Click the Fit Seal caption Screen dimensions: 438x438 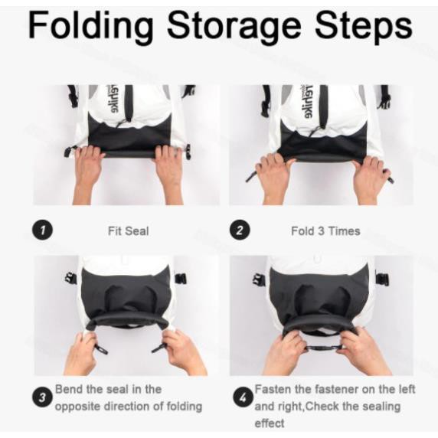tap(128, 230)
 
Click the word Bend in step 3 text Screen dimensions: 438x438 tap(69, 390)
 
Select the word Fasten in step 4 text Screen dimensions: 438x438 tap(273, 390)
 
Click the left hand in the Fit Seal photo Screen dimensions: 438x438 tap(90, 172)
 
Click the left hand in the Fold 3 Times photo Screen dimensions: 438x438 tap(275, 176)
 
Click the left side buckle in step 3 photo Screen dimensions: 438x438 tap(70, 278)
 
